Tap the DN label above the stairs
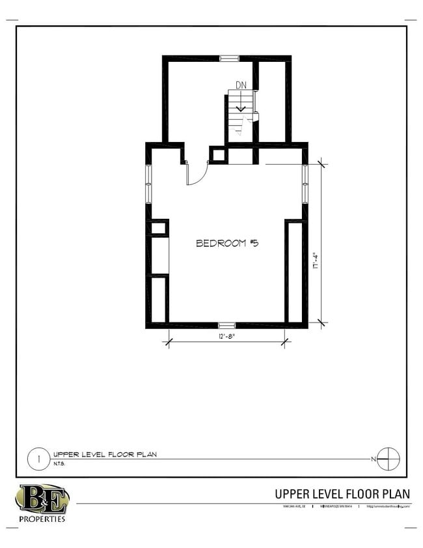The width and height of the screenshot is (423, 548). (241, 85)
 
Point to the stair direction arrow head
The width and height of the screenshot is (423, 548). (241, 108)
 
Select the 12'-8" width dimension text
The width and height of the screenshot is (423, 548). (226, 336)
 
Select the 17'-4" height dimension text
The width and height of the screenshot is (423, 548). (313, 263)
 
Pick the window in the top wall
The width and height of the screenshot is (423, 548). (229, 59)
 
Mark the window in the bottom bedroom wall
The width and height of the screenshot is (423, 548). (226, 324)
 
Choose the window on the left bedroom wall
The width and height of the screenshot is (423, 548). (148, 184)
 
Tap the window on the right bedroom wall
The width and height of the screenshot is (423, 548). (305, 183)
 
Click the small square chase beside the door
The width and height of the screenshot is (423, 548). (218, 155)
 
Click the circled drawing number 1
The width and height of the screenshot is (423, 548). (38, 459)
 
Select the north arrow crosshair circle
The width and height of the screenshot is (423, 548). (388, 459)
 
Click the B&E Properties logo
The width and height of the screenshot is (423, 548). (42, 502)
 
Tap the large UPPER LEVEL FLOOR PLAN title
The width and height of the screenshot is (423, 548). (342, 494)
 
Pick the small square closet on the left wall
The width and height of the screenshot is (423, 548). (159, 228)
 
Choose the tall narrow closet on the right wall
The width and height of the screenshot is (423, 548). (293, 270)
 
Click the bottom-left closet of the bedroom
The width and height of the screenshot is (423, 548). (159, 299)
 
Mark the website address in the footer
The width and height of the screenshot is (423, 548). (389, 506)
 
